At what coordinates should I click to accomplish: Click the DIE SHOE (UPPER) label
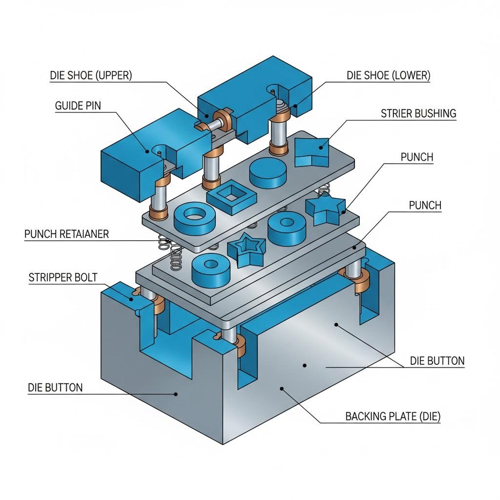pos(91,76)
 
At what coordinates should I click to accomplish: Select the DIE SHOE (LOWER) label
pos(388,76)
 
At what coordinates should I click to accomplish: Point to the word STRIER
pos(396,114)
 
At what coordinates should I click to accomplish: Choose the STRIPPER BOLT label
pos(63,278)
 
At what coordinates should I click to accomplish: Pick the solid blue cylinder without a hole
pos(268,172)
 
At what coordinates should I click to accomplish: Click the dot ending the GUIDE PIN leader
pos(148,151)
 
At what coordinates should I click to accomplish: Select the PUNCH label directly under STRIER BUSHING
pos(417,157)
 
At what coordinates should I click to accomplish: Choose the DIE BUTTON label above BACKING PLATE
pos(437,361)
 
